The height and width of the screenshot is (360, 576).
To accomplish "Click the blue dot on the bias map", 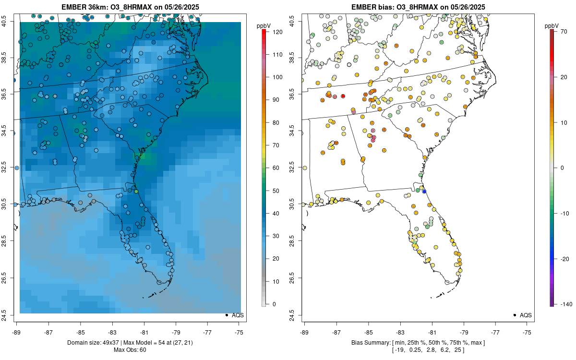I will (424, 191).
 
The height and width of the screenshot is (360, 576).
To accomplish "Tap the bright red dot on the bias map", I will (343, 96).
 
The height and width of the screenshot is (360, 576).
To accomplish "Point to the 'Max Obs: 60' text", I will (130, 349).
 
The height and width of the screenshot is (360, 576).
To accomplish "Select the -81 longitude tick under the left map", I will (144, 332).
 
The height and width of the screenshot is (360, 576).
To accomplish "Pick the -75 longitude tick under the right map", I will (527, 332).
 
